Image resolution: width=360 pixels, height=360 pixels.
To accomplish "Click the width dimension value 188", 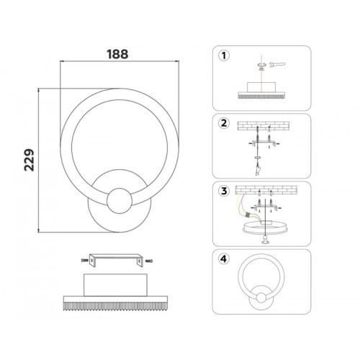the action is [117, 54].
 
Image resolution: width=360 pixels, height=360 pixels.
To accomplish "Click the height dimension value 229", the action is [30, 160].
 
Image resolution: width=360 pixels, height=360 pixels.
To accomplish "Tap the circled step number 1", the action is [224, 55].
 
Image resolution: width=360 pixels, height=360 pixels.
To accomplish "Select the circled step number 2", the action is [224, 123].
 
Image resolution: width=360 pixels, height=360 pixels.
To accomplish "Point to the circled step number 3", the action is [224, 191].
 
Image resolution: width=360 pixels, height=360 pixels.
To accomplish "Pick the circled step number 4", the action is [224, 259].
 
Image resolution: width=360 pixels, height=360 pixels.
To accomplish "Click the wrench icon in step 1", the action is [277, 64].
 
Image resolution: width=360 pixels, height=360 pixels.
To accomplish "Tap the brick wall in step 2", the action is [264, 126].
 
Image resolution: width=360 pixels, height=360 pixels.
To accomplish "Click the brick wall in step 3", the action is [266, 190].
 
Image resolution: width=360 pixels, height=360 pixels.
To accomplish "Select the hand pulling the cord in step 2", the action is [258, 170].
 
